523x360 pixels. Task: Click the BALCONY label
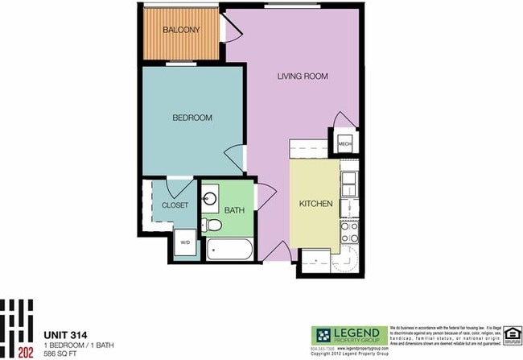[x=181, y=31]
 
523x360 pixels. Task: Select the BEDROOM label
[x=192, y=118]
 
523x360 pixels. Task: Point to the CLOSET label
[x=175, y=205]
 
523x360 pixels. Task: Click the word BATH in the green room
[x=234, y=211]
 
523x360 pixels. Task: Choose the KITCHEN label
[x=316, y=205]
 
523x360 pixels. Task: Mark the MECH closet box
[x=344, y=144]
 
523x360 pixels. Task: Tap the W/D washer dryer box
[x=184, y=242]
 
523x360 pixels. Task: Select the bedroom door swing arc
[x=235, y=158]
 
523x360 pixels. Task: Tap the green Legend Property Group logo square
[x=322, y=336]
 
